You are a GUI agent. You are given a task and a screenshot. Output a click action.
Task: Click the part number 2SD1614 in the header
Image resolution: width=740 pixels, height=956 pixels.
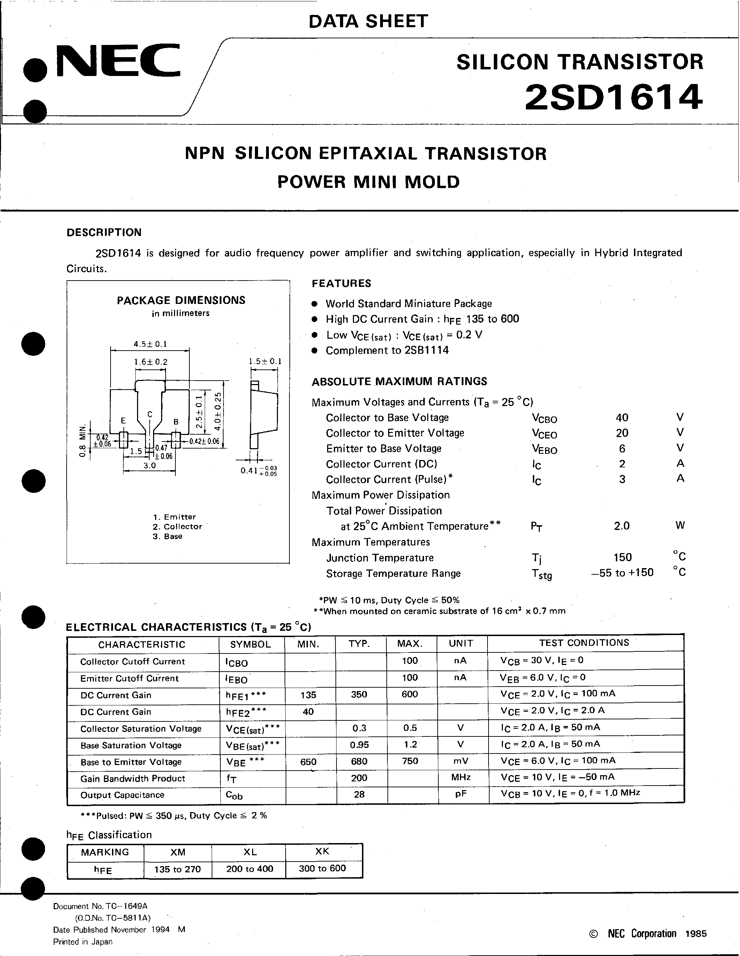613,97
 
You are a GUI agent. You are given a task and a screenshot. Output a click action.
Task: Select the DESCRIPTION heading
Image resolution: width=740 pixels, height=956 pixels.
104,232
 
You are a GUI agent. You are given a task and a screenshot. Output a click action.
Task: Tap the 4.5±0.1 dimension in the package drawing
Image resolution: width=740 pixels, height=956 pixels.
150,344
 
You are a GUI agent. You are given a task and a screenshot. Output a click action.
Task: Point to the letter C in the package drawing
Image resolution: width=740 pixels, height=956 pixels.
150,414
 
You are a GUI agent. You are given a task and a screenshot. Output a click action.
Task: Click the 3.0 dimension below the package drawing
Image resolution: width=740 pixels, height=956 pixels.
149,465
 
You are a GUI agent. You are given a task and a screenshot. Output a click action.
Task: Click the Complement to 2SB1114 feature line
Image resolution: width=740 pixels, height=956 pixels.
387,350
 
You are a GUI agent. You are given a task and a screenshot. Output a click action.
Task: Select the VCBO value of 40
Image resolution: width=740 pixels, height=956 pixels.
622,418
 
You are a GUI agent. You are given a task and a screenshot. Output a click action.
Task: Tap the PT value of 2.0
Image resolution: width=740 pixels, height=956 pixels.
621,526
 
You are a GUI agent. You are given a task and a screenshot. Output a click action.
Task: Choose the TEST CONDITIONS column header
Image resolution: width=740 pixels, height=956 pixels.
584,643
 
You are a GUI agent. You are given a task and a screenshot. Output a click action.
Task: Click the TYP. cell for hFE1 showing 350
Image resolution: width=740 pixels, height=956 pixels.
359,694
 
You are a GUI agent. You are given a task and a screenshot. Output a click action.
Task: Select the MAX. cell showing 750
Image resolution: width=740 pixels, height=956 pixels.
410,761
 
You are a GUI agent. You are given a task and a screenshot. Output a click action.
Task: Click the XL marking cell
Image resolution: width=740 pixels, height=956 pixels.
250,852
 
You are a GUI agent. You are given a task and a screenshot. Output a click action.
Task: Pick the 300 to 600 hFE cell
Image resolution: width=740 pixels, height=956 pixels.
322,869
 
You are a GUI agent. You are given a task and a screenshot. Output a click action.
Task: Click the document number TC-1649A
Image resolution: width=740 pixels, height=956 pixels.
101,907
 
